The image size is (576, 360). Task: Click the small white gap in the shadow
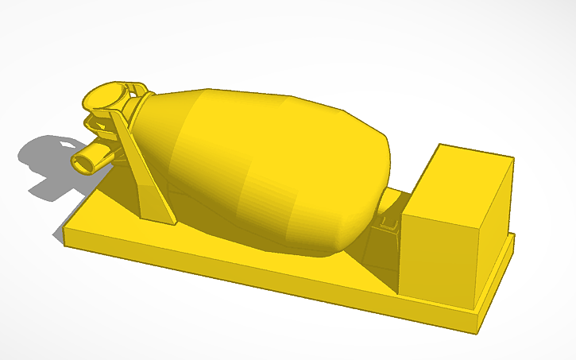click(64, 144)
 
